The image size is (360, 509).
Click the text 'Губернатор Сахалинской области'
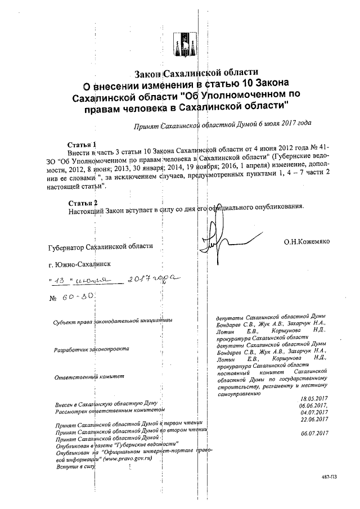[100, 246]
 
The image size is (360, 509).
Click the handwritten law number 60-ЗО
[74, 296]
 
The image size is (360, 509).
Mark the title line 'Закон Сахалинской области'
[196, 74]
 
